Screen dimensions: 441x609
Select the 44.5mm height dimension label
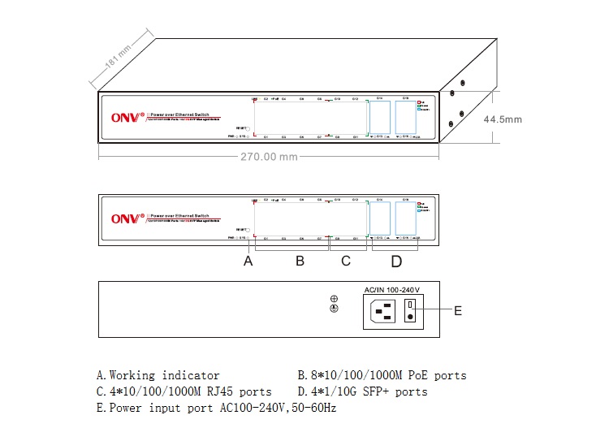click(503, 119)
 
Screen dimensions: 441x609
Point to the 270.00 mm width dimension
click(268, 157)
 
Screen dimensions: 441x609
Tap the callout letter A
click(248, 262)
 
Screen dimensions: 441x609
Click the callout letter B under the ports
click(299, 262)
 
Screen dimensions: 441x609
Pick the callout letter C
click(346, 262)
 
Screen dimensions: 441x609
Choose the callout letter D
click(396, 262)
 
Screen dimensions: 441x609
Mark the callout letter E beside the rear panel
click(457, 310)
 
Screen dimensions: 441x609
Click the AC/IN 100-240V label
click(391, 289)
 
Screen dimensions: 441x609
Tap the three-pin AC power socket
click(382, 310)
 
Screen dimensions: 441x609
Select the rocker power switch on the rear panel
click(411, 310)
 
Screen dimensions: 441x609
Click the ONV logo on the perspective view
click(127, 117)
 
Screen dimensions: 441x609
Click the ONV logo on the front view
click(127, 218)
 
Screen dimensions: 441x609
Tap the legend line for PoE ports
click(382, 375)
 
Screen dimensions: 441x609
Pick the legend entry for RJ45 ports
click(184, 391)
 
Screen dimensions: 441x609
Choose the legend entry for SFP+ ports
click(363, 391)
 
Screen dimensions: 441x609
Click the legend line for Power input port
click(216, 408)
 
